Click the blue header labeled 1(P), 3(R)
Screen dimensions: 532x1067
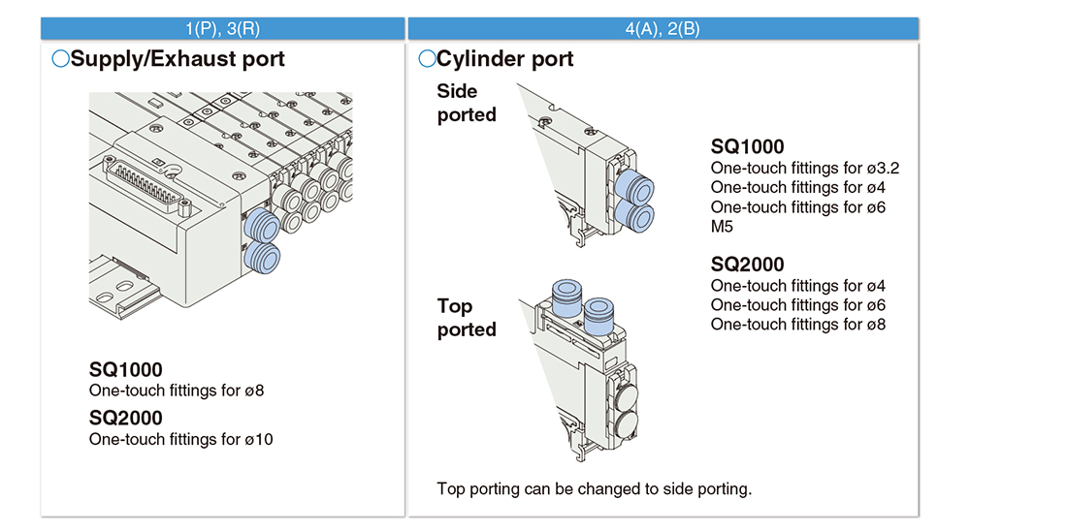click(x=223, y=28)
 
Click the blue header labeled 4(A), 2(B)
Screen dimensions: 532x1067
click(x=663, y=28)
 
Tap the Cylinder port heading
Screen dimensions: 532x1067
click(x=496, y=59)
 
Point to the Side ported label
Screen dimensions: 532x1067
click(x=467, y=103)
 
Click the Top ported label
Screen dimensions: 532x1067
click(x=467, y=318)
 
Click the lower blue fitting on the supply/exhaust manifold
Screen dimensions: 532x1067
click(x=261, y=258)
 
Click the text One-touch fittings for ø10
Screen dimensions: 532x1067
click(x=181, y=439)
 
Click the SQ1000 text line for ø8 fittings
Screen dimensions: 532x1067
click(x=177, y=391)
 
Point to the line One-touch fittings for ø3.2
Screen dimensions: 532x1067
click(x=805, y=168)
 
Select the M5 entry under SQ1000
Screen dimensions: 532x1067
click(x=724, y=227)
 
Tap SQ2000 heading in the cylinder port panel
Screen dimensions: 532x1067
click(x=747, y=265)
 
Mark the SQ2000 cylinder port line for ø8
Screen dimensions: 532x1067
click(x=797, y=325)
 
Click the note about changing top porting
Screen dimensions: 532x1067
click(x=595, y=488)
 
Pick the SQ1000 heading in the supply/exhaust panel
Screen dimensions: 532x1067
click(x=126, y=369)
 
